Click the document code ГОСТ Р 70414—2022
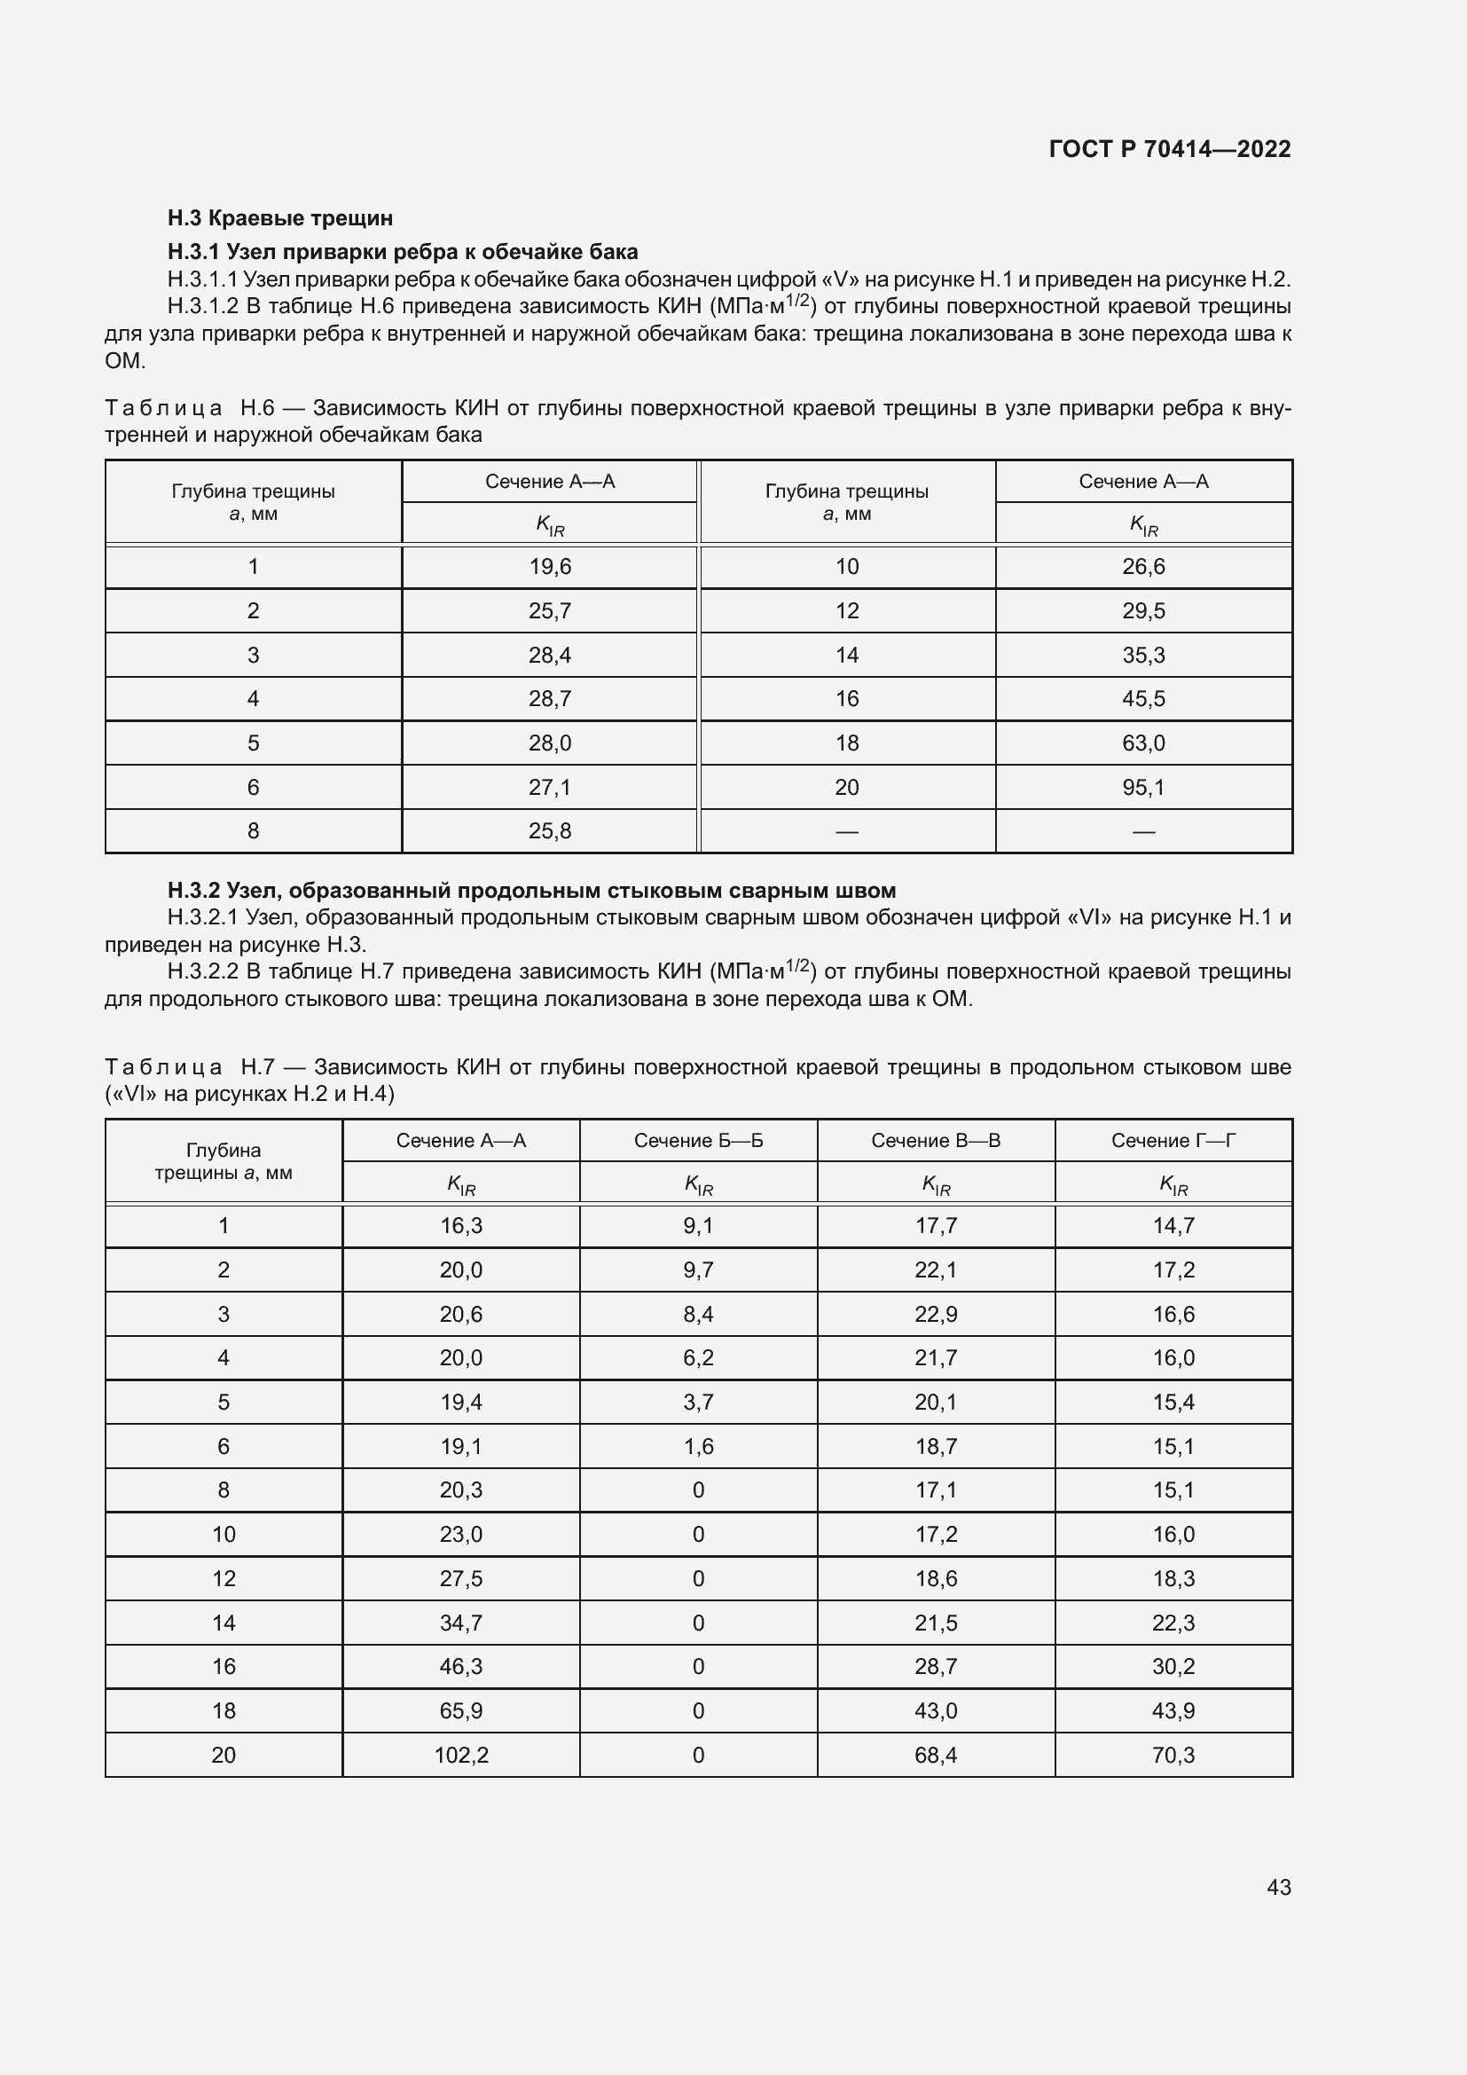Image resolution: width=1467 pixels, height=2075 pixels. pyautogui.click(x=1170, y=149)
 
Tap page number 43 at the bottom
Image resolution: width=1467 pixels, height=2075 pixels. pyautogui.click(x=1278, y=1887)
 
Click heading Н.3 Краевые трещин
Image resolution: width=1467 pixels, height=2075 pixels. pyautogui.click(x=280, y=218)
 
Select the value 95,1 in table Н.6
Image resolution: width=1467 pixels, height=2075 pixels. pyautogui.click(x=1143, y=787)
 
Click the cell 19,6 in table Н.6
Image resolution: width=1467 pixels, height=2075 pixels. pyautogui.click(x=549, y=567)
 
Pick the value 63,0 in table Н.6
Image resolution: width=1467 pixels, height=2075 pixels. pyautogui.click(x=1143, y=743)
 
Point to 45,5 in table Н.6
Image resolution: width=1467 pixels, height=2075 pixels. pyautogui.click(x=1143, y=698)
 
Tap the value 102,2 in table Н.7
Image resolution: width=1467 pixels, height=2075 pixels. pyautogui.click(x=460, y=1755)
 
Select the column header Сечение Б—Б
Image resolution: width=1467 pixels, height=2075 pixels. pyautogui.click(x=698, y=1141)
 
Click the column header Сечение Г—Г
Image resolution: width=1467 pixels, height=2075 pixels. pyautogui.click(x=1173, y=1141)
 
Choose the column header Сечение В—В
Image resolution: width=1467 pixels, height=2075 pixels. pyautogui.click(x=936, y=1141)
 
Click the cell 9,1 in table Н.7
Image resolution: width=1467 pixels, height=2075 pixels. pyautogui.click(x=698, y=1225)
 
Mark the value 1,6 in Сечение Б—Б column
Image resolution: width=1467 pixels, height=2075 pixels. pyautogui.click(x=698, y=1446)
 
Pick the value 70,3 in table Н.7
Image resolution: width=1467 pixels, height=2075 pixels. pyautogui.click(x=1173, y=1755)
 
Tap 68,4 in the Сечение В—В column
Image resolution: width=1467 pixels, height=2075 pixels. pyautogui.click(x=936, y=1755)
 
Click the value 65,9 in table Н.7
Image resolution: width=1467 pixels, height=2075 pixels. pyautogui.click(x=460, y=1710)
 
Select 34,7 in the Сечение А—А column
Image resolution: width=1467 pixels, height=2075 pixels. pyautogui.click(x=460, y=1623)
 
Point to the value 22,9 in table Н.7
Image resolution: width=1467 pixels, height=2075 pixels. pyautogui.click(x=936, y=1314)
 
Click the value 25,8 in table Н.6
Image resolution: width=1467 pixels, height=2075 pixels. pyautogui.click(x=549, y=830)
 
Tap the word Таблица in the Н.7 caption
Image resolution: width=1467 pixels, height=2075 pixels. pyautogui.click(x=163, y=1067)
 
